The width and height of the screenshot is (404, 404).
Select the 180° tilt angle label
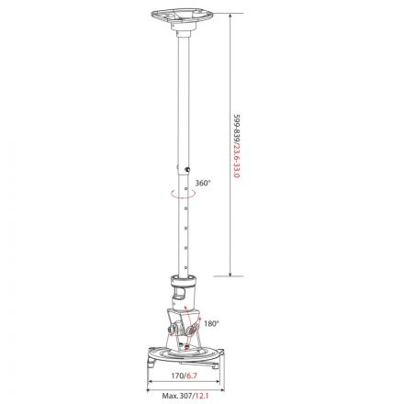tap(211, 324)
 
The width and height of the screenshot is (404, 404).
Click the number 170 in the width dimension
tap(175, 375)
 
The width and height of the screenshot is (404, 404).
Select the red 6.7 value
tap(192, 375)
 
